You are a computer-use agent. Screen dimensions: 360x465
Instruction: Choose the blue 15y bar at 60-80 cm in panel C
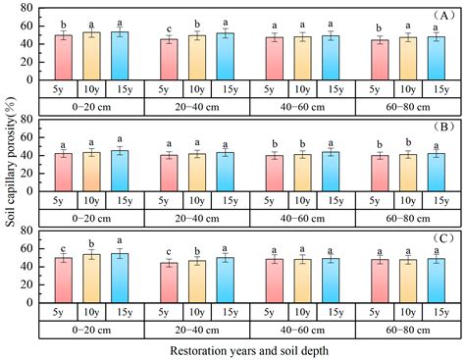click(x=437, y=275)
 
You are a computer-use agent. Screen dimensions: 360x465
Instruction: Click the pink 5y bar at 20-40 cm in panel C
click(x=170, y=279)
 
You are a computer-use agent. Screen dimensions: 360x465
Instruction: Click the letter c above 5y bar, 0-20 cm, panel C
click(x=63, y=248)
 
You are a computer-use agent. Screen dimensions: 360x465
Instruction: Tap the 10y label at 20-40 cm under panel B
click(x=197, y=195)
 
